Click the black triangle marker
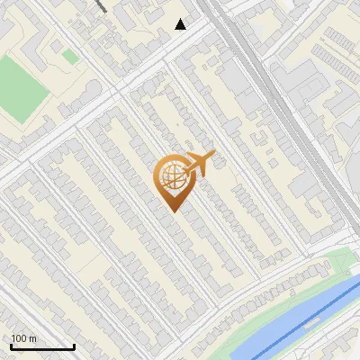[181, 24]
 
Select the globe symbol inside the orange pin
[170, 178]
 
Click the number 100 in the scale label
[20, 338]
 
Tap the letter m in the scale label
[33, 338]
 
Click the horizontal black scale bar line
[42, 346]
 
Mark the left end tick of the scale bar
[11, 345]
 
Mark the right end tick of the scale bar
[74, 345]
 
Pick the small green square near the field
[69, 57]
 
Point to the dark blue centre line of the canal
[306, 320]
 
